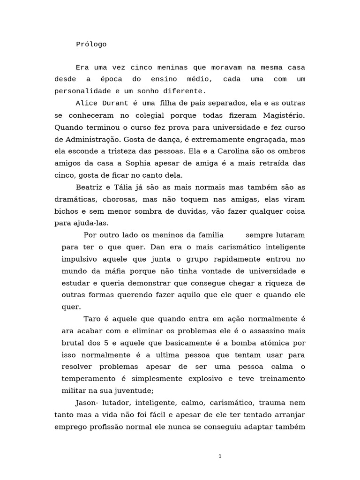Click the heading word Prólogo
[91, 45]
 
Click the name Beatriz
[90, 187]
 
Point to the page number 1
[219, 456]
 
